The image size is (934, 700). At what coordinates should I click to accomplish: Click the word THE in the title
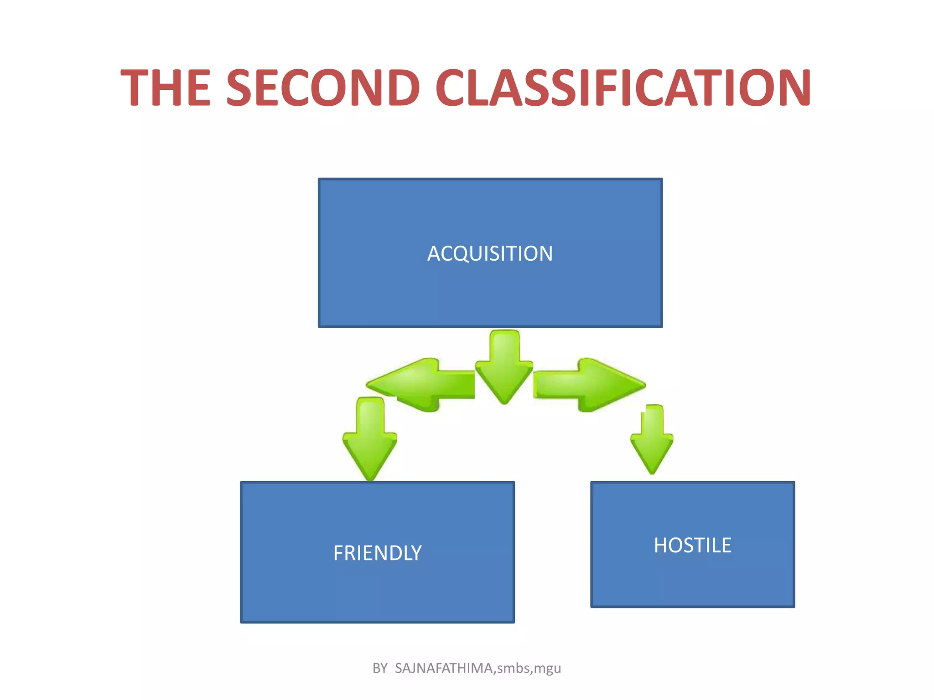166,87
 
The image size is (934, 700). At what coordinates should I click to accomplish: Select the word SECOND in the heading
323,87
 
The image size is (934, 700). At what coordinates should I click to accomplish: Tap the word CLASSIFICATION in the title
623,87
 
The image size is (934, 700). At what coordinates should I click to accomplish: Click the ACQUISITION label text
490,254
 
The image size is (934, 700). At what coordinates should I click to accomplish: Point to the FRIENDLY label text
377,553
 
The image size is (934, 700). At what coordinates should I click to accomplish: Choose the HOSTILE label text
692,546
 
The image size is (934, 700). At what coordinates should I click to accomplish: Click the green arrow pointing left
420,385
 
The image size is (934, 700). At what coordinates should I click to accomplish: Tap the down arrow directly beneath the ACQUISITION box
504,367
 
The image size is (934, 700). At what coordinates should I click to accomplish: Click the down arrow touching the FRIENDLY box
370,440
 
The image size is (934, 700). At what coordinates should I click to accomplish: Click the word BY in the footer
380,668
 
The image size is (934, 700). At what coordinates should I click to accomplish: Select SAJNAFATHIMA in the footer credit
444,668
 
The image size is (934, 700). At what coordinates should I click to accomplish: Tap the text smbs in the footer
513,668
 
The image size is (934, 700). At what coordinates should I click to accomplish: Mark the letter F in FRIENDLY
338,553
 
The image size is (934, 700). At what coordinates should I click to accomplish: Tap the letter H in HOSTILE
661,546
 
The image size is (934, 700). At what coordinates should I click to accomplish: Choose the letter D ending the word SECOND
402,87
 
